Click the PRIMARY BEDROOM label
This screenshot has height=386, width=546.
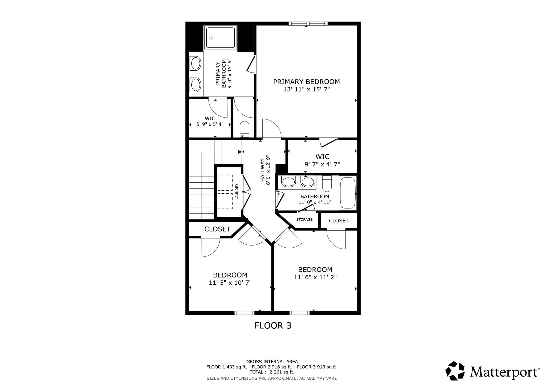[306, 82]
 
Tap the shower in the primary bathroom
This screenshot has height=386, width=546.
[220, 38]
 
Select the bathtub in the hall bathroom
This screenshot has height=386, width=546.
[348, 193]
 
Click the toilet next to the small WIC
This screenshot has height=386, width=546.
[244, 129]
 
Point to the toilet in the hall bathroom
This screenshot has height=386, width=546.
[327, 184]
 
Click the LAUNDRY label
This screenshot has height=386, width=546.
[236, 191]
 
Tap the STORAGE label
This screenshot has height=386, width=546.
[304, 219]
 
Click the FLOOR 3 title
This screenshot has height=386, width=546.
[273, 325]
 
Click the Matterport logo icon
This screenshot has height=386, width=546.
[455, 371]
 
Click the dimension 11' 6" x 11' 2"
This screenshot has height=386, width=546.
[315, 277]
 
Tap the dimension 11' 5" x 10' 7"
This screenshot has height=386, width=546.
[230, 283]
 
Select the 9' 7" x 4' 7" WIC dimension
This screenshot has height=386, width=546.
[322, 164]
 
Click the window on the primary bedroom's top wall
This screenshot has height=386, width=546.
[308, 23]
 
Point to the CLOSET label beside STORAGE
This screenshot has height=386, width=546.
[339, 221]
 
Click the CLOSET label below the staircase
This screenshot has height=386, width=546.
[217, 229]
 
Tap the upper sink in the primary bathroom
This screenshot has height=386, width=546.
[196, 63]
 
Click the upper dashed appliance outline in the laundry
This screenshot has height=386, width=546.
[225, 183]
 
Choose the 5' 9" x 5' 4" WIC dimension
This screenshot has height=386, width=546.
[210, 124]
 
